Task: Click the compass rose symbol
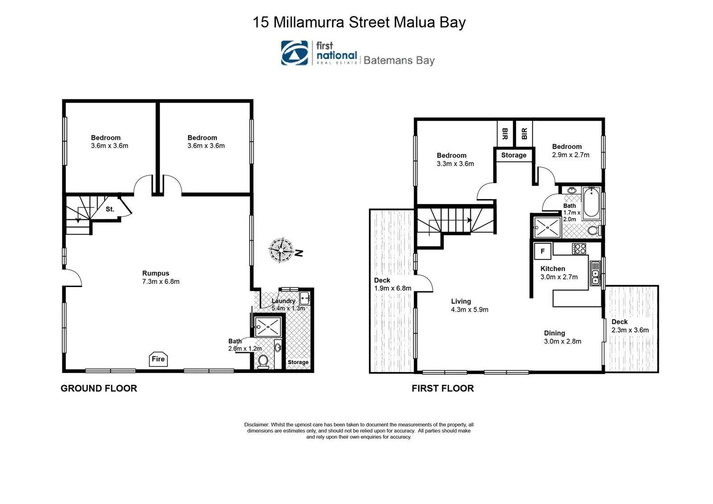click(x=281, y=250)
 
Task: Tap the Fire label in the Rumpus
click(x=158, y=359)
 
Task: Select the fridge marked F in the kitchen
click(x=543, y=251)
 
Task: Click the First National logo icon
click(x=294, y=53)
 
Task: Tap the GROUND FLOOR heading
click(x=99, y=388)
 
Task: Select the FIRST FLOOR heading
click(x=442, y=388)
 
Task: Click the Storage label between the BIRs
click(x=514, y=155)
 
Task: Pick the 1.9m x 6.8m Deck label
click(x=392, y=284)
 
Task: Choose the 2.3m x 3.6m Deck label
click(x=630, y=326)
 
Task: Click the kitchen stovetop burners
click(x=579, y=249)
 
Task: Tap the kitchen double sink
click(x=595, y=273)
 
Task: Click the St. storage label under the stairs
click(x=110, y=209)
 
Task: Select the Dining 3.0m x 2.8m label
click(x=562, y=337)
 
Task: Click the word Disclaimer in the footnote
click(x=256, y=425)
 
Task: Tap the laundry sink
click(x=304, y=297)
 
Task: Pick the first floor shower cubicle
click(x=547, y=227)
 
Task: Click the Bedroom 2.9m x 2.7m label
click(x=570, y=150)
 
